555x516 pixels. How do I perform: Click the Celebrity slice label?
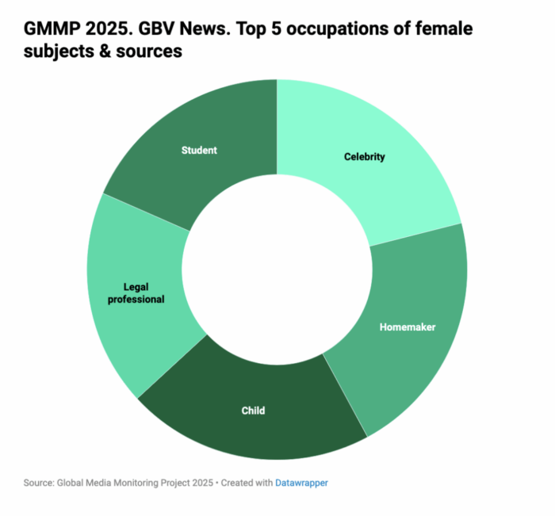tap(364, 157)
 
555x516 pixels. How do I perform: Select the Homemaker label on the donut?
tap(408, 327)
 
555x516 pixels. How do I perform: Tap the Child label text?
tap(253, 411)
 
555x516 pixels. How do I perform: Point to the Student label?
tap(199, 150)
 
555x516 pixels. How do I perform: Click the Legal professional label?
tap(144, 293)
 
